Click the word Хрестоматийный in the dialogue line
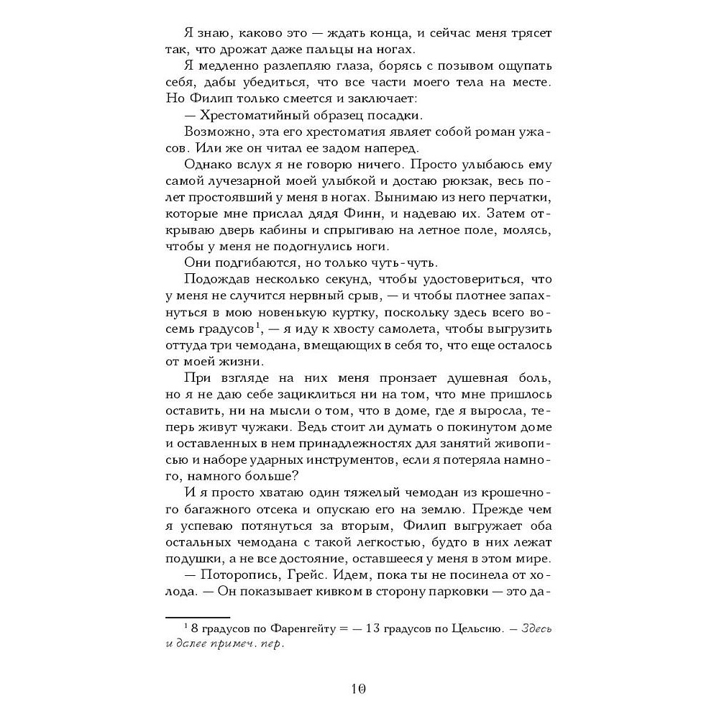[x=249, y=116]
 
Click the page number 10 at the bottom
[x=359, y=688]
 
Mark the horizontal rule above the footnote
[x=197, y=616]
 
